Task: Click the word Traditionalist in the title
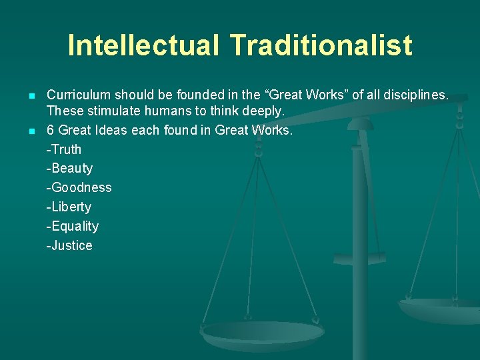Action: click(x=321, y=46)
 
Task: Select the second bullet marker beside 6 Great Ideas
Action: click(x=31, y=131)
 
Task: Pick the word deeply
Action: click(x=265, y=111)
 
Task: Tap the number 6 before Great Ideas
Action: click(x=51, y=130)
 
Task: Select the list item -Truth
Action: click(x=63, y=149)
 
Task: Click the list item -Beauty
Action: click(x=69, y=169)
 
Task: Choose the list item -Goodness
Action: click(x=79, y=188)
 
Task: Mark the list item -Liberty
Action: click(x=69, y=207)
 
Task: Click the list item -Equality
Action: click(x=72, y=227)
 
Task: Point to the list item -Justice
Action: click(x=69, y=246)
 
